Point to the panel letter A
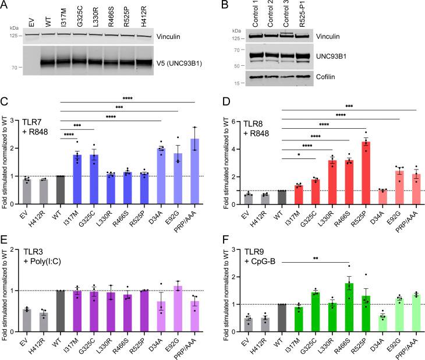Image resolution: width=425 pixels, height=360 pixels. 5,5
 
